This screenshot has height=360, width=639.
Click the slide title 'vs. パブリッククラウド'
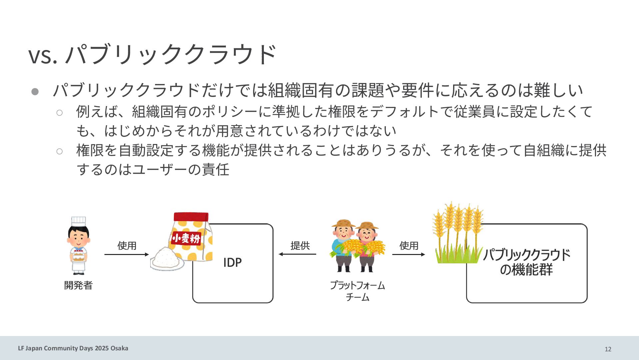pos(152,54)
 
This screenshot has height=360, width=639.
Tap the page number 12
pos(608,349)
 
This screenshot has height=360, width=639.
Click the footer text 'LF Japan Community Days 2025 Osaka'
pos(73,348)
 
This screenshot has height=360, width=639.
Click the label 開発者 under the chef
pos(78,285)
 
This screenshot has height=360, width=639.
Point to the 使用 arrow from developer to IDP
pos(127,254)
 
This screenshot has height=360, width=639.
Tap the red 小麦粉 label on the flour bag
pos(186,238)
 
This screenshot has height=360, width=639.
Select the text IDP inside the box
pos(232,263)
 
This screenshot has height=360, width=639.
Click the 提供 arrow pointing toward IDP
pos(298,254)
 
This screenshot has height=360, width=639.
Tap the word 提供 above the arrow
pos(300,246)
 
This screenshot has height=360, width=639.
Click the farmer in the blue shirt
pos(343,245)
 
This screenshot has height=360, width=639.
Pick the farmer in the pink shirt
pos(367,247)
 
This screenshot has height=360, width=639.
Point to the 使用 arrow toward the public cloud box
pos(408,254)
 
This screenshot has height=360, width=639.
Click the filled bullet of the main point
pos(35,91)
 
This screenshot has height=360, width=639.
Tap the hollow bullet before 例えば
pos(60,113)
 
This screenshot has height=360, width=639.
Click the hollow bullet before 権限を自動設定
pos(60,152)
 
